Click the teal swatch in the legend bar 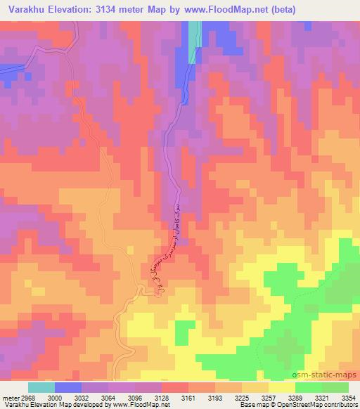coord(41,387)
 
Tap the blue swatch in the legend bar coord(68,387)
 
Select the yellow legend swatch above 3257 coord(282,387)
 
